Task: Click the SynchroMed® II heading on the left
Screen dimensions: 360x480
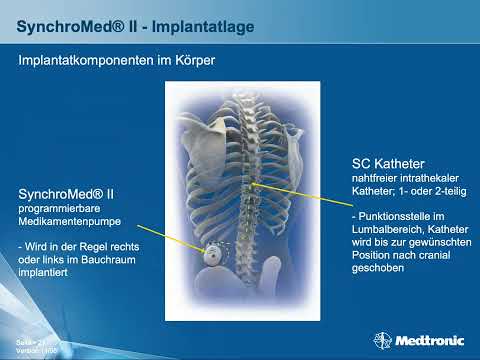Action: click(x=68, y=193)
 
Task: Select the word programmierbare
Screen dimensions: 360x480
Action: click(x=61, y=208)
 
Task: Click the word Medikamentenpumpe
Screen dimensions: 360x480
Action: click(x=70, y=221)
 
